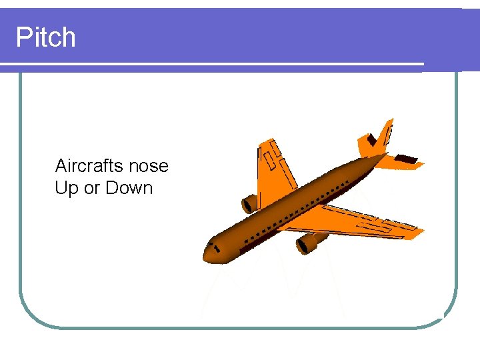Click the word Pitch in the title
pos(45,37)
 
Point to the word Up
pos(67,188)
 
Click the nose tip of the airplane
pos(206,254)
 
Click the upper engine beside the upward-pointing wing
pos(250,203)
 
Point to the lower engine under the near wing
pos(309,243)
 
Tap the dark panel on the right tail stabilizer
pos(407,160)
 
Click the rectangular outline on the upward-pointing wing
pos(271,161)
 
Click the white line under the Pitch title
pos(213,65)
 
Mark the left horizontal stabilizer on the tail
pos(366,141)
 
